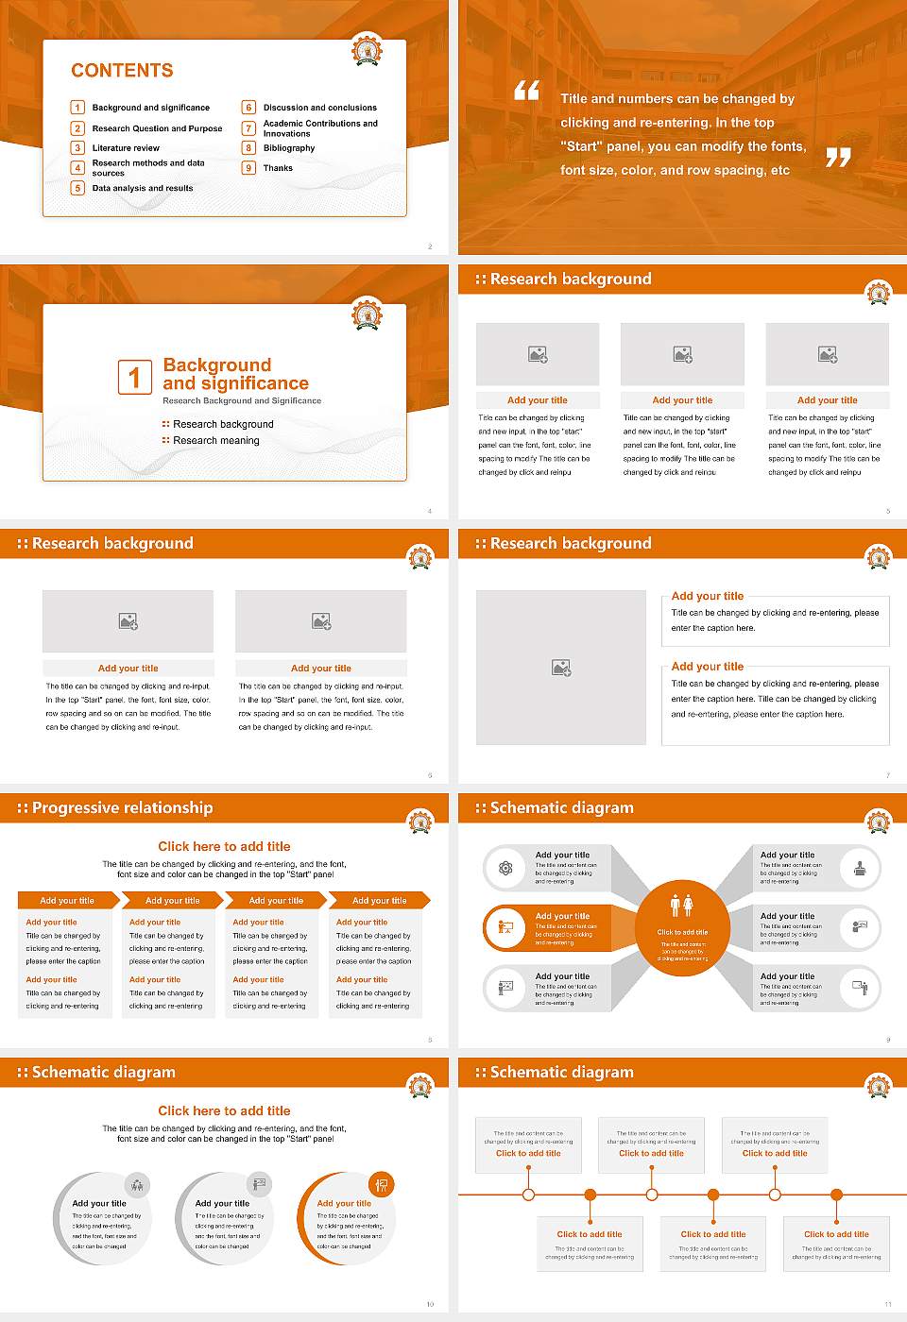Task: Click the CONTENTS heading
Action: (x=122, y=71)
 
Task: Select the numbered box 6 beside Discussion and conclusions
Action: (x=249, y=108)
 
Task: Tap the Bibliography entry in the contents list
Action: (x=289, y=148)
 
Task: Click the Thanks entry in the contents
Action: (x=278, y=168)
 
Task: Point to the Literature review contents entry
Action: (x=126, y=148)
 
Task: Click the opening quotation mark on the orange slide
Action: (x=526, y=91)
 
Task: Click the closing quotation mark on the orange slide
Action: (x=838, y=158)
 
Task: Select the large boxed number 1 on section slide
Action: (x=134, y=377)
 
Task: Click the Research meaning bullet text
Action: (x=216, y=441)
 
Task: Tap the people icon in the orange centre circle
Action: (x=681, y=906)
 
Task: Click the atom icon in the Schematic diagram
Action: (x=505, y=868)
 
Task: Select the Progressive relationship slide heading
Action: (x=122, y=808)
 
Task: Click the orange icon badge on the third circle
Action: (x=382, y=1184)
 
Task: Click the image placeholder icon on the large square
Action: (x=561, y=668)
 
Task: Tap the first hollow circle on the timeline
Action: (x=528, y=1195)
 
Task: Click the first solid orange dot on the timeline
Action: (x=590, y=1195)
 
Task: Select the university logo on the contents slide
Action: (x=367, y=49)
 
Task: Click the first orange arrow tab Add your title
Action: (x=67, y=901)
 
